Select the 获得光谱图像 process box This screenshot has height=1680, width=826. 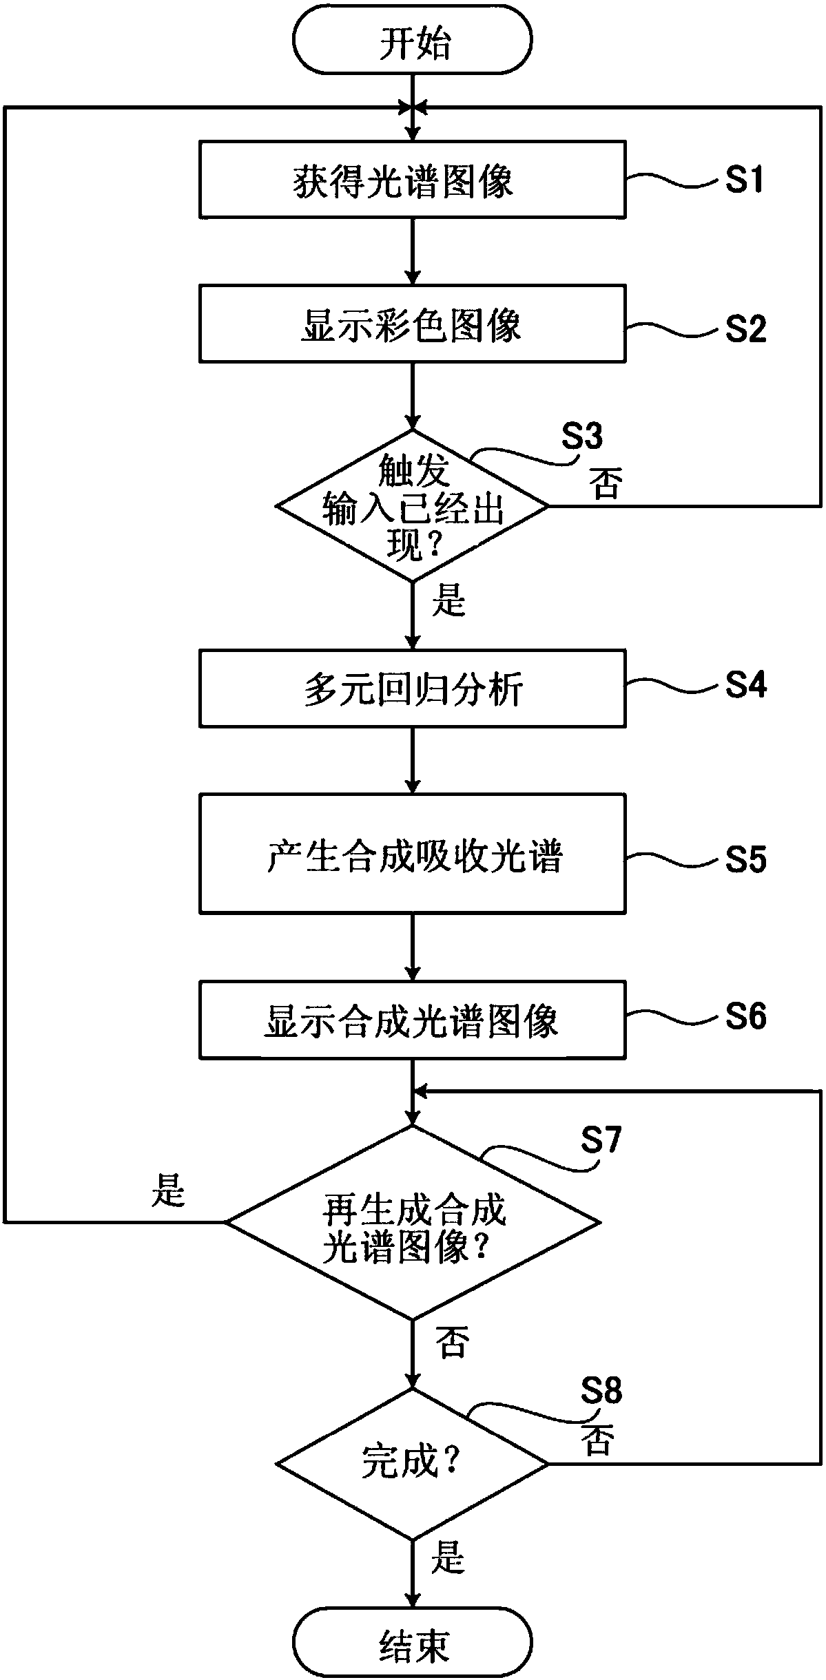[413, 180]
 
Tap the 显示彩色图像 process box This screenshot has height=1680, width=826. [413, 324]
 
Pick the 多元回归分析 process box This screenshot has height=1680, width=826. [413, 688]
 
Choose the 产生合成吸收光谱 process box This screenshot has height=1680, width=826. [413, 854]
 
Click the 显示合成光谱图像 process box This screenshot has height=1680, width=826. [413, 1020]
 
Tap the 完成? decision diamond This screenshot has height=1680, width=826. [413, 1463]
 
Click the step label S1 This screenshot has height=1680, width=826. [745, 180]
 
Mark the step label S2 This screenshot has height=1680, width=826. [745, 330]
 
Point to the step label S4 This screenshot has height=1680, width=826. [745, 685]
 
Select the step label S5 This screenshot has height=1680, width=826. [745, 860]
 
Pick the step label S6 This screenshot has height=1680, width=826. [745, 1016]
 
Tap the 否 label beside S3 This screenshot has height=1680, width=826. [606, 484]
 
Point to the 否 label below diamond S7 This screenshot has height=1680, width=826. [452, 1342]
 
